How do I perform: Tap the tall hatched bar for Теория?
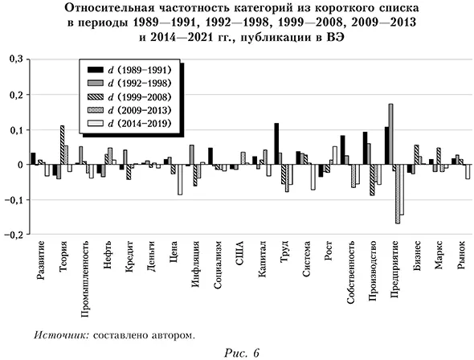(x=62, y=145)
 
